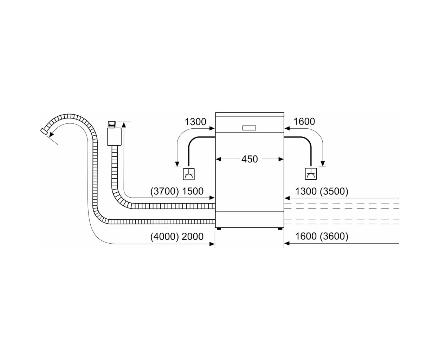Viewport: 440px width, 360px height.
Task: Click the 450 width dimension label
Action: tap(250, 159)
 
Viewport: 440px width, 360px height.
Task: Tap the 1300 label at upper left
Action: tap(195, 122)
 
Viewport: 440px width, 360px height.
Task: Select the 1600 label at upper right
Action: tap(304, 121)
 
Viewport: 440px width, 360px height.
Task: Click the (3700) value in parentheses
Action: tap(164, 191)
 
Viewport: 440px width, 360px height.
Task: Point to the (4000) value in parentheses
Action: tap(164, 237)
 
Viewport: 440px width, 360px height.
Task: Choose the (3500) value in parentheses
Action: tap(334, 191)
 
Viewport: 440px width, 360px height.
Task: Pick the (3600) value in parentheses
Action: tap(334, 236)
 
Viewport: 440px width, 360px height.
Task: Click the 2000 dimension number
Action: tap(193, 237)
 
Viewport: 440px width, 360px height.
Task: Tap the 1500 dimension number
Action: tap(193, 191)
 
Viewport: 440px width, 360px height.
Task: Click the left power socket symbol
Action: tap(189, 174)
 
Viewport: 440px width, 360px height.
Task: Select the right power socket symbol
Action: tap(311, 174)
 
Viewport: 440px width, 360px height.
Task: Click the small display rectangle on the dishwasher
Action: tap(249, 128)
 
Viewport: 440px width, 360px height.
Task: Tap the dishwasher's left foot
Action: tap(219, 229)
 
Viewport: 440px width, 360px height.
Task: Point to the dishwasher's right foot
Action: tap(280, 229)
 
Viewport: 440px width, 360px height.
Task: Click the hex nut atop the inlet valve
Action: tap(112, 123)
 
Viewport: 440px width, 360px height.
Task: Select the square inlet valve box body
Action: tap(114, 137)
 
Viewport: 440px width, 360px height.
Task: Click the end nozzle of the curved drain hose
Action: tap(44, 131)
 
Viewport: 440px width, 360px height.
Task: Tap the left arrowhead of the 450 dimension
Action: tap(218, 160)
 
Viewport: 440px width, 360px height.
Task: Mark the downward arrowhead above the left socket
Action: tap(177, 164)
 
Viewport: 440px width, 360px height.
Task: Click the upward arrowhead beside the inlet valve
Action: tap(124, 125)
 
